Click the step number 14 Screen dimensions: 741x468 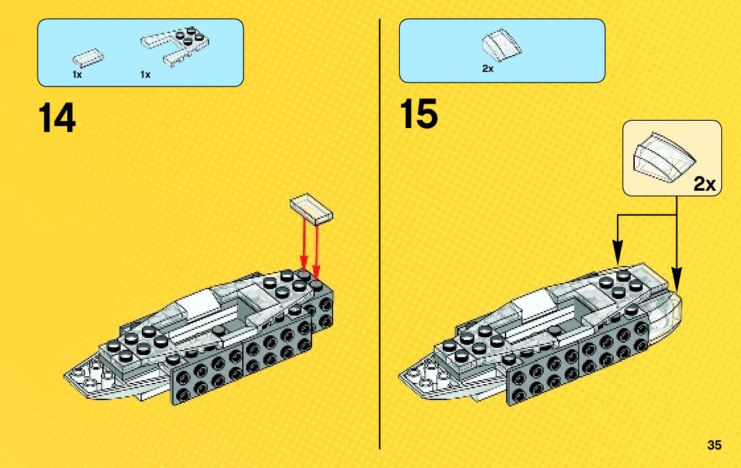57,119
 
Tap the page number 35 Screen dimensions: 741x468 714,445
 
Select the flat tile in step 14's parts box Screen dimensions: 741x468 87,57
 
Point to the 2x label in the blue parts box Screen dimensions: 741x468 488,69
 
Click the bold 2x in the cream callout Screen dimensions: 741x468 704,184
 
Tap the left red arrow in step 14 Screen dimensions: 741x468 304,244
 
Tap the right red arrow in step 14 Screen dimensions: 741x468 316,248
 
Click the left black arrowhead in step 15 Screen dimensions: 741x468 618,253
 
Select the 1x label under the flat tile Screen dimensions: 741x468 77,75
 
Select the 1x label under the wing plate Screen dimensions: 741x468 145,75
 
